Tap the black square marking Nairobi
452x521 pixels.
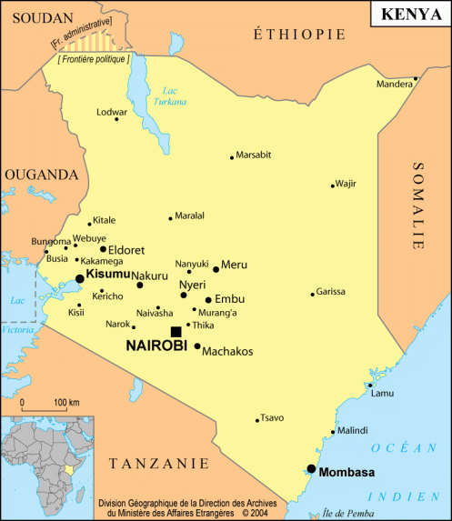pos(176,332)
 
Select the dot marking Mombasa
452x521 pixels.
pos(311,469)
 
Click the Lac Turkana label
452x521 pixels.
pos(169,95)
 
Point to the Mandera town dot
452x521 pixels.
pos(416,79)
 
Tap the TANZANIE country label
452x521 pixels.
pos(153,464)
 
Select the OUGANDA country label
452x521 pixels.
pos(40,175)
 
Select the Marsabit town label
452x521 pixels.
pos(254,155)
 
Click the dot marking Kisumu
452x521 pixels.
pos(80,279)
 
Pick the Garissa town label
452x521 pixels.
pos(331,292)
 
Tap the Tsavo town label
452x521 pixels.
pos(272,418)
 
